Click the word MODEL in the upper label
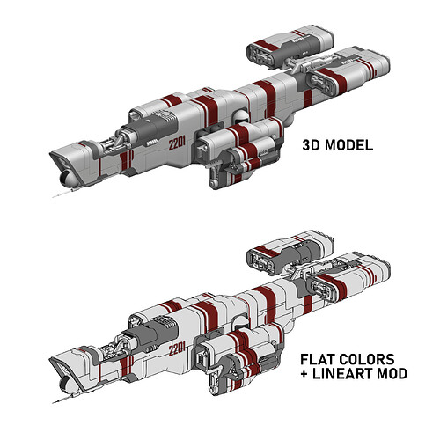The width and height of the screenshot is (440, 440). [x=349, y=145]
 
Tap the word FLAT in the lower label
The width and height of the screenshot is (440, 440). [x=318, y=359]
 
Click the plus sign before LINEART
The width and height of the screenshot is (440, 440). [x=304, y=374]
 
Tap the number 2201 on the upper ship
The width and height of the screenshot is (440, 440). [x=177, y=143]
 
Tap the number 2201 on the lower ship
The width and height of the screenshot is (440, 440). [x=177, y=349]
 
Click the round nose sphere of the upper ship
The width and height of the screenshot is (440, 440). [x=69, y=179]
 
